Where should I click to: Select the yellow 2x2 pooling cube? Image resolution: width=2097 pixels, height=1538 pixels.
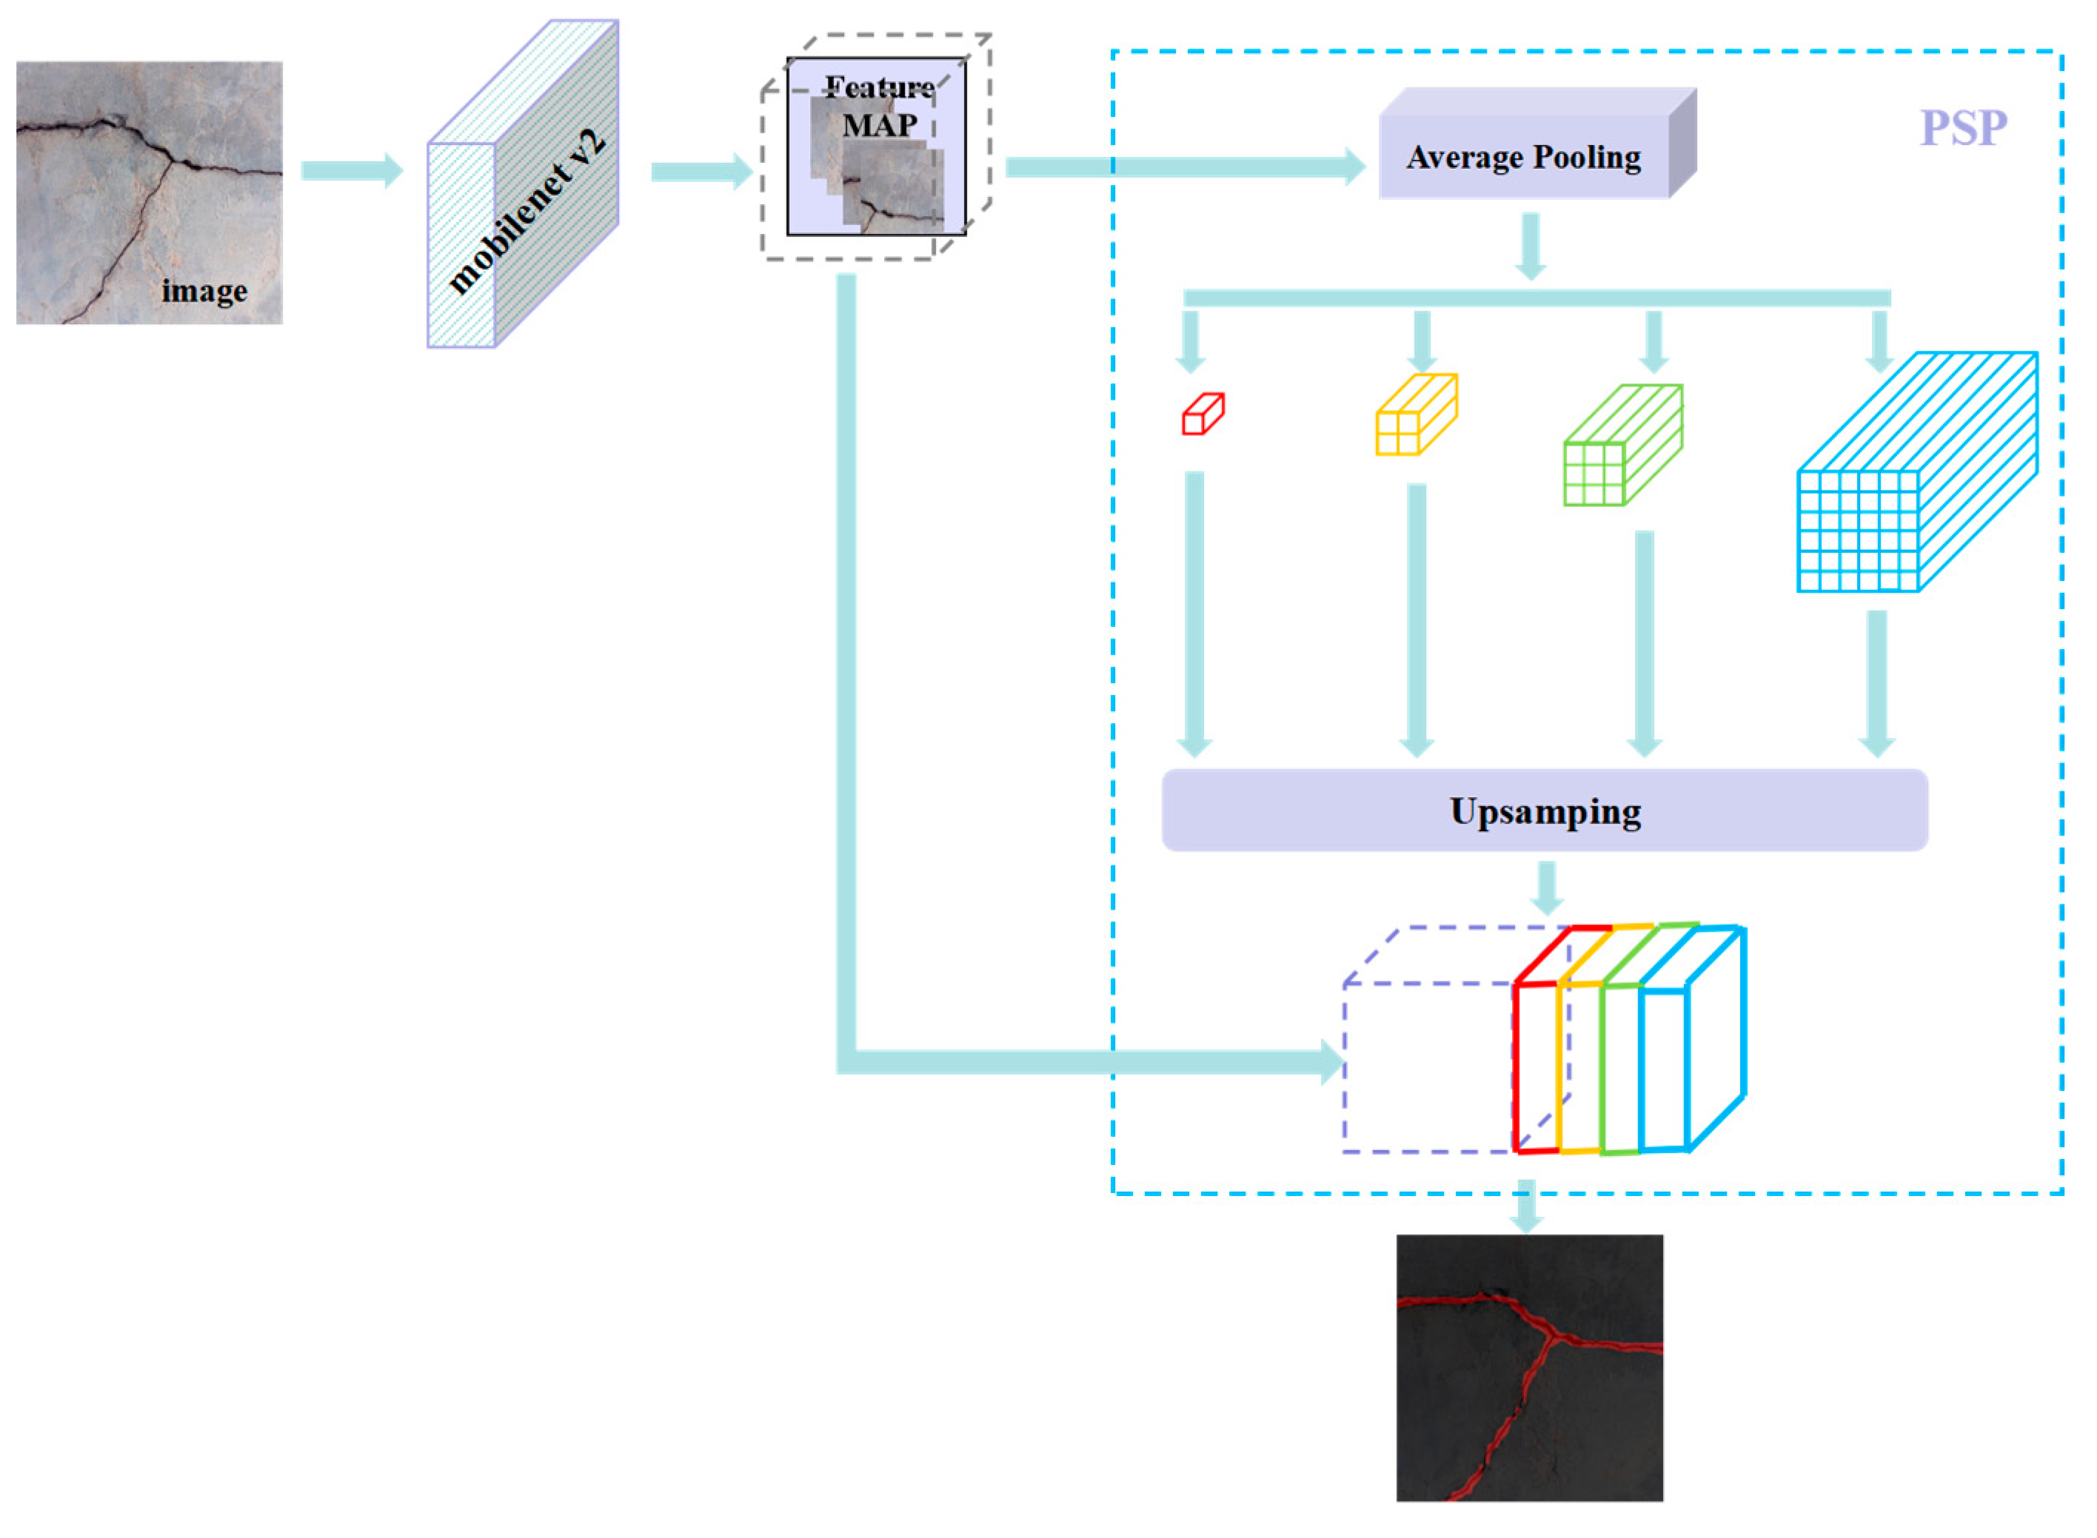point(1414,415)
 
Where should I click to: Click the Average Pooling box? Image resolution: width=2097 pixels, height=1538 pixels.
point(1522,156)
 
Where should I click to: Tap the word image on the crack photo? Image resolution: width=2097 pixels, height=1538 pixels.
point(204,292)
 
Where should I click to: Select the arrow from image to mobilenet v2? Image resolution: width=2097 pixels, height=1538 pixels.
point(351,170)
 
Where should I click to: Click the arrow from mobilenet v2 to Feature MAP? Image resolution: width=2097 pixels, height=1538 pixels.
point(700,171)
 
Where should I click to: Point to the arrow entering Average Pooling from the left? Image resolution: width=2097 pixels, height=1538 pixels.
point(1183,167)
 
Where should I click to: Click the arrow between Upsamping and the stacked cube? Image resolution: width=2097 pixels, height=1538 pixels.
point(1546,888)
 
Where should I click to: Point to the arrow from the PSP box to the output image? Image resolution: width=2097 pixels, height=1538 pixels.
point(1525,1206)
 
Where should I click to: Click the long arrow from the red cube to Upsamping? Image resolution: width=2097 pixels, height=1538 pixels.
point(1194,614)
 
